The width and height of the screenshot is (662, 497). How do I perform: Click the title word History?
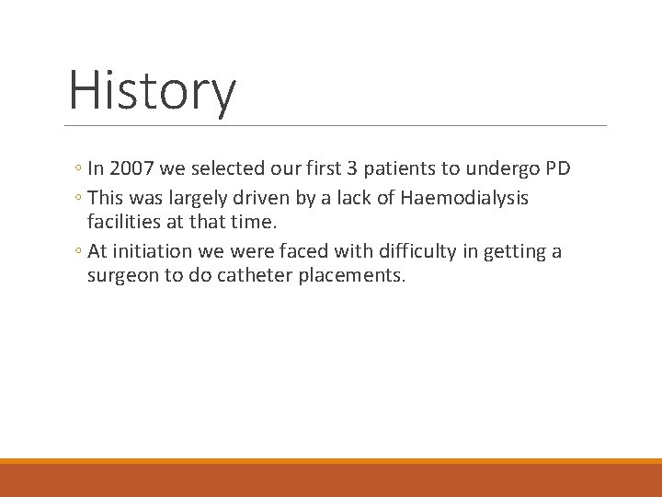pos(153,91)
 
